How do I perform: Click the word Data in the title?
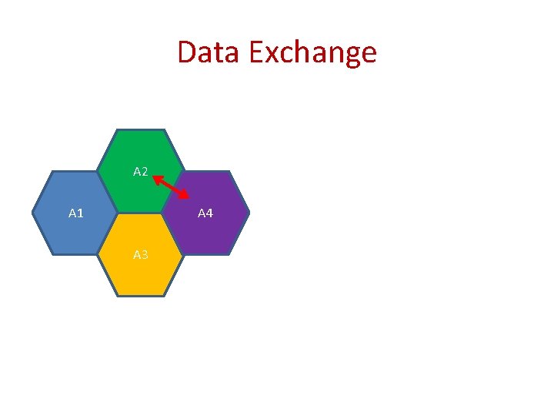click(x=202, y=52)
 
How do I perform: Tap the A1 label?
click(x=76, y=213)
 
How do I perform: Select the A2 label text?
click(x=140, y=171)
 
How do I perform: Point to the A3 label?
click(x=140, y=254)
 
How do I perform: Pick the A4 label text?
click(x=205, y=213)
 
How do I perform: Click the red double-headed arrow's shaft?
click(x=171, y=187)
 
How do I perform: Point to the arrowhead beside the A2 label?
click(x=156, y=179)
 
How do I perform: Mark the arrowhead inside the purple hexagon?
click(x=185, y=196)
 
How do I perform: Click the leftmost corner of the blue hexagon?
click(x=33, y=213)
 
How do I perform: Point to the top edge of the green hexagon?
click(x=140, y=130)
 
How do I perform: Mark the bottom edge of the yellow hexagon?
click(x=140, y=296)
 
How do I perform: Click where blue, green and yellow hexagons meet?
click(x=117, y=213)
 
